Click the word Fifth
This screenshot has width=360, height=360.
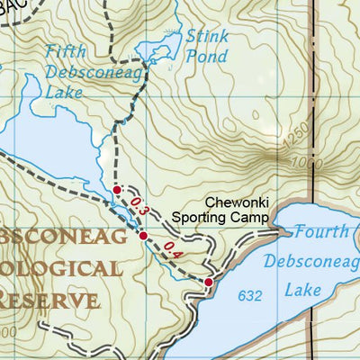click(x=66, y=51)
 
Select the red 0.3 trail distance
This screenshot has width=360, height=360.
click(x=137, y=206)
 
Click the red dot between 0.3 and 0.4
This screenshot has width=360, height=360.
click(x=143, y=236)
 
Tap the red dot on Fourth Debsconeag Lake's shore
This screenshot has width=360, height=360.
click(x=209, y=283)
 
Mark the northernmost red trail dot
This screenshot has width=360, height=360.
click(x=116, y=189)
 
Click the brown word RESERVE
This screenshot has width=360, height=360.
click(x=49, y=299)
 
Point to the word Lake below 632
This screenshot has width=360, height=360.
click(x=305, y=291)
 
